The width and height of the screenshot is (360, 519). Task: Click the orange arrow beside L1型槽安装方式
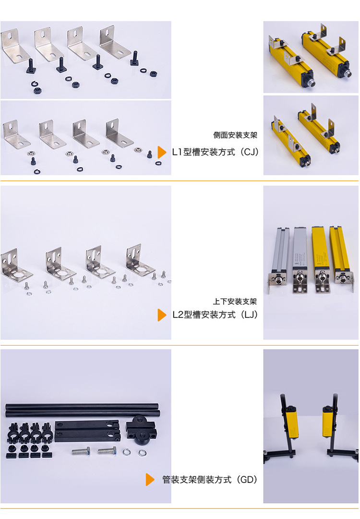point(161,152)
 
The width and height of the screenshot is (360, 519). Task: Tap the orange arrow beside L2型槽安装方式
point(161,315)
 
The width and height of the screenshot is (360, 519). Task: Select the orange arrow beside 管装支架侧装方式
point(150,479)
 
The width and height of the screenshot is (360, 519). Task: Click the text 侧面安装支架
point(235,135)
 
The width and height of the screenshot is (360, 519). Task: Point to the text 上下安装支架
point(235,301)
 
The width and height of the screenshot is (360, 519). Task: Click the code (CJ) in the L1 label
point(250,152)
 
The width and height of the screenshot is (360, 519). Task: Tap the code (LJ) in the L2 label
point(249,314)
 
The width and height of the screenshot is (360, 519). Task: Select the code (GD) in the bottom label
point(247,479)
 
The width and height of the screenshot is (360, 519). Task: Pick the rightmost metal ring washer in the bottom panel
point(142,452)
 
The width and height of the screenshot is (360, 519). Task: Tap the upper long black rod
point(82,406)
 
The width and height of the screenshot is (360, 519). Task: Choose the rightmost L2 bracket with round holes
point(140,260)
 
